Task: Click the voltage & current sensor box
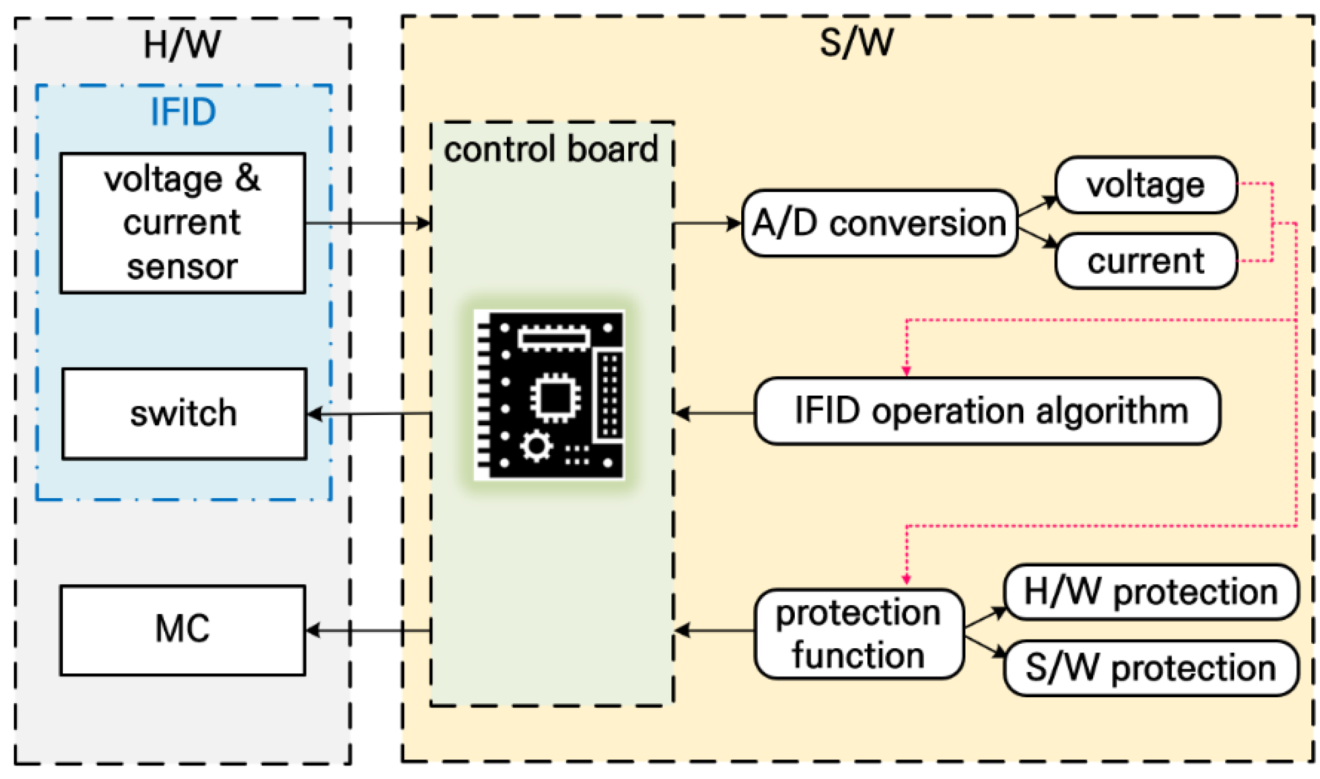click(182, 223)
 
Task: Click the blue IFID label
click(183, 112)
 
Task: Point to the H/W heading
click(182, 45)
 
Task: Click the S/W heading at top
click(856, 43)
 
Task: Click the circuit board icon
click(549, 395)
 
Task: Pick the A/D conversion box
click(879, 223)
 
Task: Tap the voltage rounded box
click(1145, 185)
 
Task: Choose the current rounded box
click(1145, 261)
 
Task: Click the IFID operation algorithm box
click(987, 411)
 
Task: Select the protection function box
click(859, 633)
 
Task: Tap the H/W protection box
click(1151, 592)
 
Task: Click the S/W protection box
click(1151, 668)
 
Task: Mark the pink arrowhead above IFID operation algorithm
click(906, 371)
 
